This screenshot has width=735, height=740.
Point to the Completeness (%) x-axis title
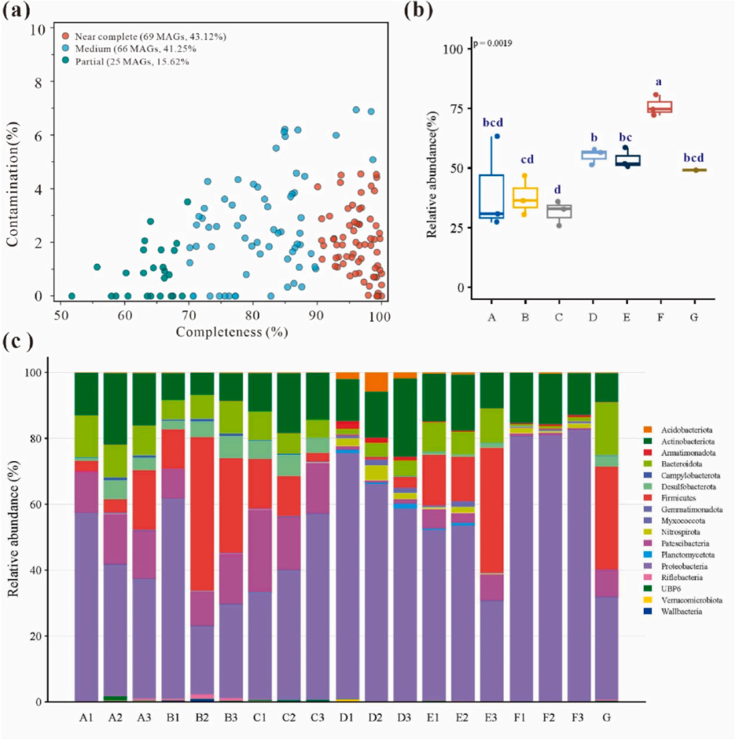(231, 333)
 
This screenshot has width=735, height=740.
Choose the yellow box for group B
(525, 197)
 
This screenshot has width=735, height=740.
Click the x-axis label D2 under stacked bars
(376, 718)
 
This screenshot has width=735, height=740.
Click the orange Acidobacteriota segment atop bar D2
(376, 382)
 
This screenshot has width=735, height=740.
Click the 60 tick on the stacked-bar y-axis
(57, 505)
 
